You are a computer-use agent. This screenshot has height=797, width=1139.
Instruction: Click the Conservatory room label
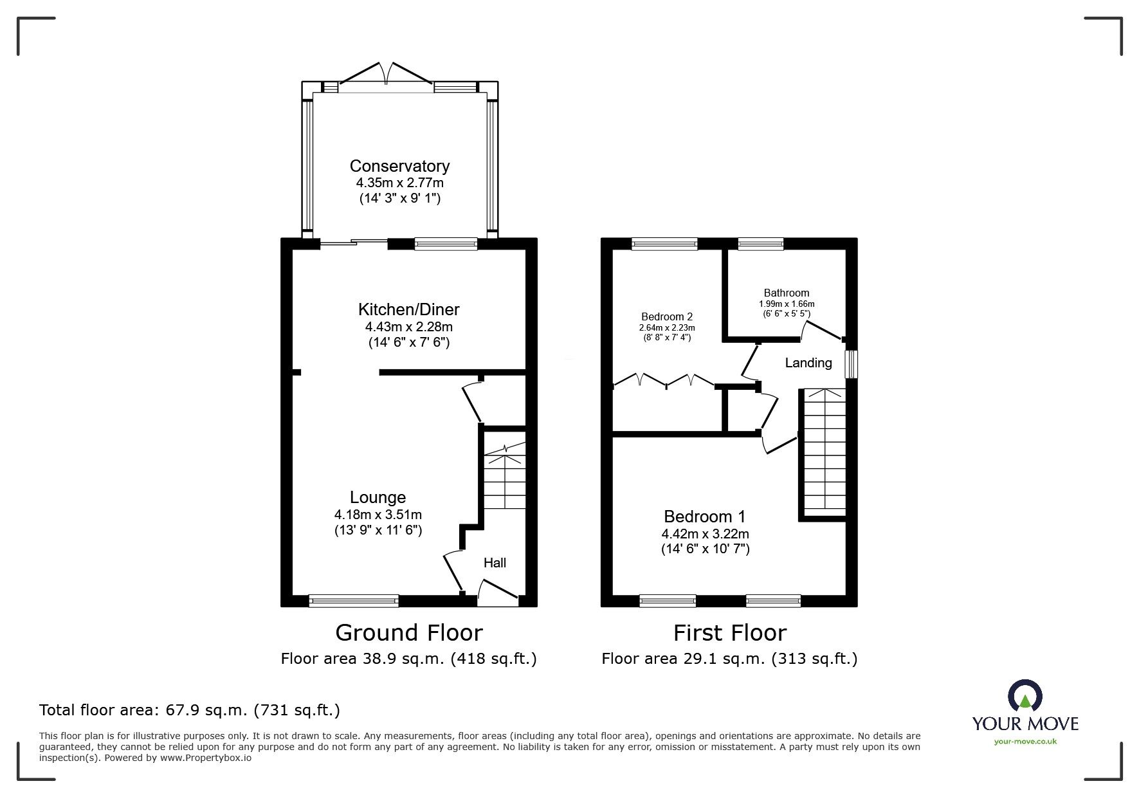(399, 166)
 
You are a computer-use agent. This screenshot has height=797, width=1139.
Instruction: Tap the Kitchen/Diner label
(409, 309)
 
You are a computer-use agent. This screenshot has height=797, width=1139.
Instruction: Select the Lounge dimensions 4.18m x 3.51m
(378, 515)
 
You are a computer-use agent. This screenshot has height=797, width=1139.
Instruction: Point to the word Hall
(495, 563)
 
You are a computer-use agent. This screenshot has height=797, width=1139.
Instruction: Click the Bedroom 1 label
(705, 517)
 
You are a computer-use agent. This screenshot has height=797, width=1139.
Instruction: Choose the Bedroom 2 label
(667, 316)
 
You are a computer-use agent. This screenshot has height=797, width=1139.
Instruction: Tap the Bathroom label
(787, 293)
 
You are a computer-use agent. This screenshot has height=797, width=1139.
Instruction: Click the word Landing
(808, 363)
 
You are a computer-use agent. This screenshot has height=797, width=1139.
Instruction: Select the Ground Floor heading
(409, 633)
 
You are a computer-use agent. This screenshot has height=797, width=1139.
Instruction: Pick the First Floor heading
(730, 633)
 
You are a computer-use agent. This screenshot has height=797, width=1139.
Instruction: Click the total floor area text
(190, 710)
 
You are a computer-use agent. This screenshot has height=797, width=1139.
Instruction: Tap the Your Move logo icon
(1025, 697)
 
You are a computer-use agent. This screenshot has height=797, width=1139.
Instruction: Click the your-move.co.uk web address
(1025, 742)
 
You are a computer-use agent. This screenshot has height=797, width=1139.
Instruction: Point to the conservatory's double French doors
(386, 73)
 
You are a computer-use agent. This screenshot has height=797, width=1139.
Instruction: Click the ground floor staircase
(504, 476)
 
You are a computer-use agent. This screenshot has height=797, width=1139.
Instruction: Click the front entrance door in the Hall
(498, 592)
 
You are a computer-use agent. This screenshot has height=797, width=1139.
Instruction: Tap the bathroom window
(761, 244)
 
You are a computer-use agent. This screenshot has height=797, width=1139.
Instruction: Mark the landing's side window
(852, 364)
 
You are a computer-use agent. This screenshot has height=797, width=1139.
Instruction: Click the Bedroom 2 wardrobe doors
(664, 381)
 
